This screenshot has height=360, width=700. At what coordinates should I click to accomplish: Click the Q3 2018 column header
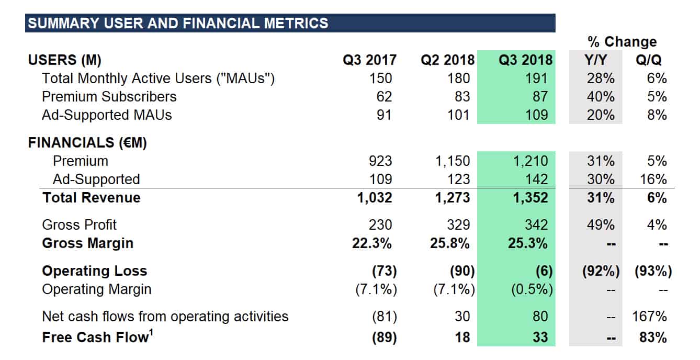(525, 60)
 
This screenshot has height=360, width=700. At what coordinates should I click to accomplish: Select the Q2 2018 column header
(447, 60)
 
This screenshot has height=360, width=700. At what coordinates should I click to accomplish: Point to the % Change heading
(622, 41)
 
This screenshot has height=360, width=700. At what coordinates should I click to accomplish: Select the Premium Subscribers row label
(109, 97)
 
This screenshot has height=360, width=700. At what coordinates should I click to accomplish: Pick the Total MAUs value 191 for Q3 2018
(537, 78)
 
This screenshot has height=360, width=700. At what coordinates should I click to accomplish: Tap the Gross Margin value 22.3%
(372, 243)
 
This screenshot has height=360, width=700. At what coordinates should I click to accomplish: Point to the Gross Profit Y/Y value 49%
(601, 225)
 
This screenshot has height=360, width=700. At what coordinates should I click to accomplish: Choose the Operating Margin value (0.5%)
(532, 289)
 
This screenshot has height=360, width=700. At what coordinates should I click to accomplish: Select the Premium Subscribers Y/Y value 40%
(601, 97)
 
